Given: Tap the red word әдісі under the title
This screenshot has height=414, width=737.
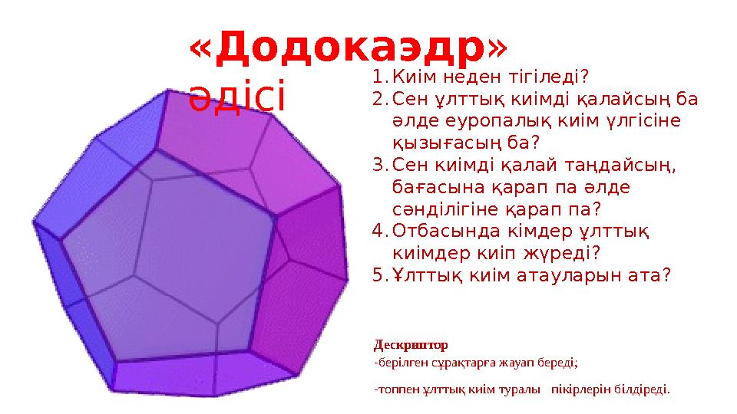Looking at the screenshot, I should tap(237, 99).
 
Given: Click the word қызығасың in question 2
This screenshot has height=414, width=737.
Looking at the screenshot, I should tap(445, 143).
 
